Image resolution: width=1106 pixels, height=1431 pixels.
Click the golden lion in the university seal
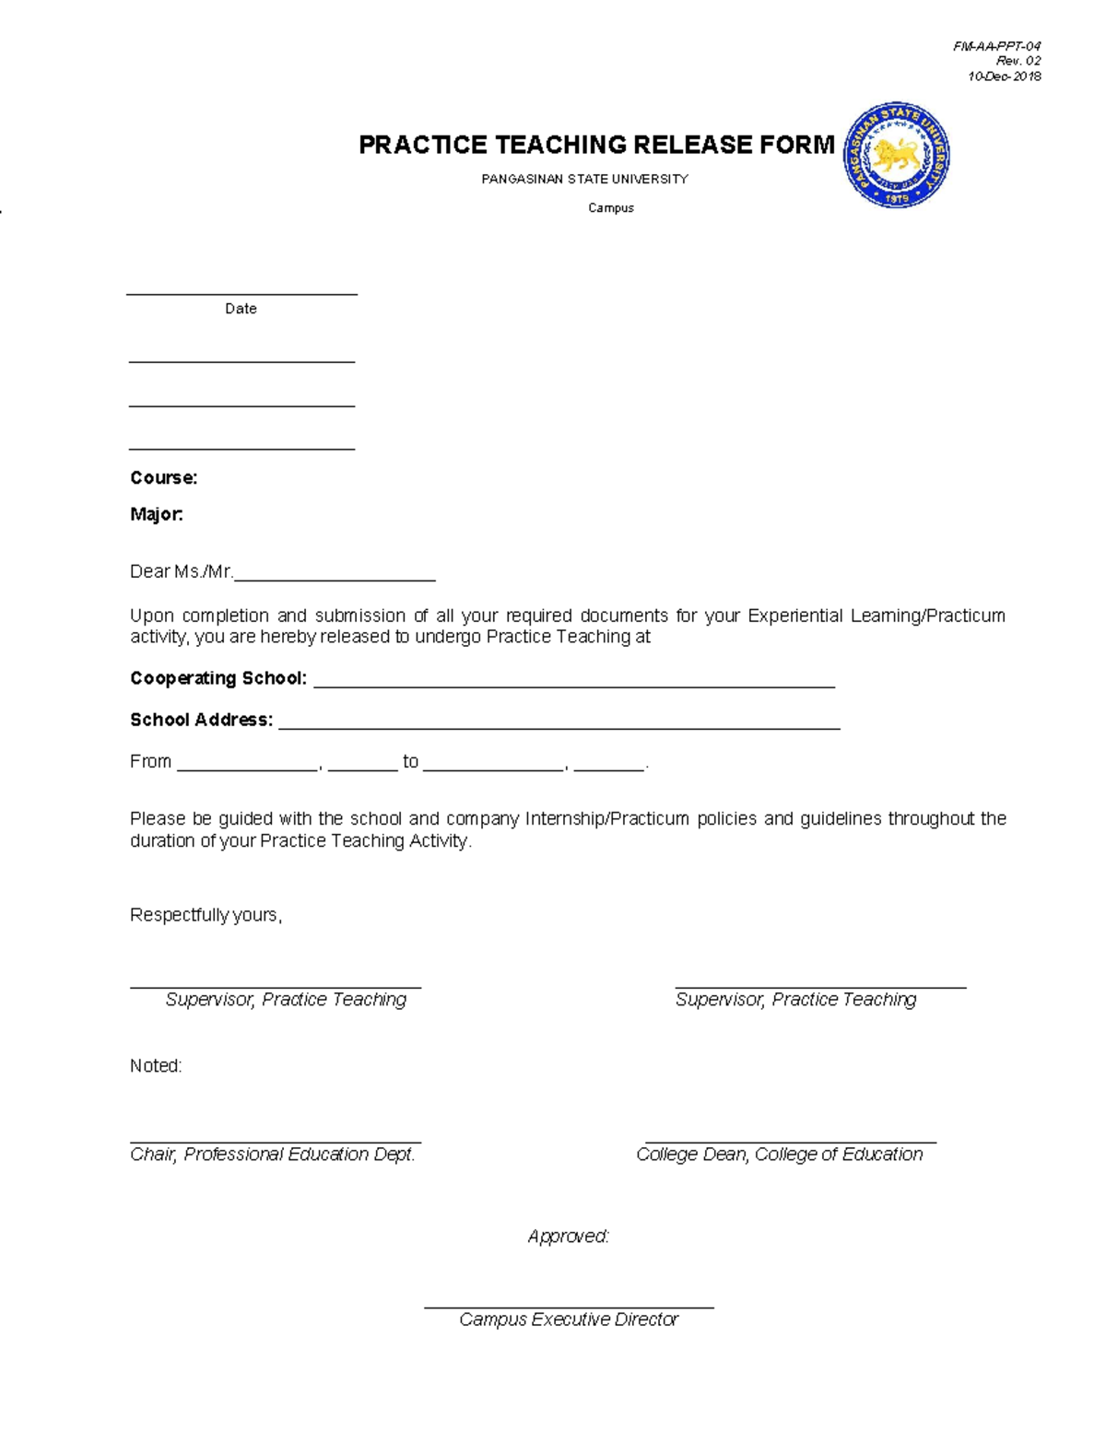point(895,156)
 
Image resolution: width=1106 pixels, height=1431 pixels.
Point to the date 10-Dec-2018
point(1004,76)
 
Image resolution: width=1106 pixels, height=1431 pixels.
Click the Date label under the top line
point(241,309)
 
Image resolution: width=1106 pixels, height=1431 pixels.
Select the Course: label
point(163,477)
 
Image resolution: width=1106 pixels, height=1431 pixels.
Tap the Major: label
point(157,514)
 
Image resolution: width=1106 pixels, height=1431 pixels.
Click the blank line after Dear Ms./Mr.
point(335,577)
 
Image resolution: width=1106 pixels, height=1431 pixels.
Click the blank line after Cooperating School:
point(573,684)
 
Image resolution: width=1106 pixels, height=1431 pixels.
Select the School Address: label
point(201,720)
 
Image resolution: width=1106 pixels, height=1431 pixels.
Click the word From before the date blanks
point(150,761)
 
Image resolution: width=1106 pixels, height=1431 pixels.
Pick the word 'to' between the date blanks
point(410,761)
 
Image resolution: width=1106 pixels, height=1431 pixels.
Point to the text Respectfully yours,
point(206,915)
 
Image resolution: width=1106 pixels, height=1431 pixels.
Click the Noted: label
point(156,1066)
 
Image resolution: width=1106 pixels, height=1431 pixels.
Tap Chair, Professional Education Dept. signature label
point(273,1155)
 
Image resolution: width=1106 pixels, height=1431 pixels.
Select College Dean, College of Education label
point(779,1155)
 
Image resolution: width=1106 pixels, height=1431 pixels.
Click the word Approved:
point(568,1237)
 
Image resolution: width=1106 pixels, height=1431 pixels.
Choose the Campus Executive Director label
point(569,1320)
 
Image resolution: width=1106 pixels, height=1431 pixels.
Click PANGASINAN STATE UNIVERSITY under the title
point(584,179)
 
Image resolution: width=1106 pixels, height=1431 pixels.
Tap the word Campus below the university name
point(611,208)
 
